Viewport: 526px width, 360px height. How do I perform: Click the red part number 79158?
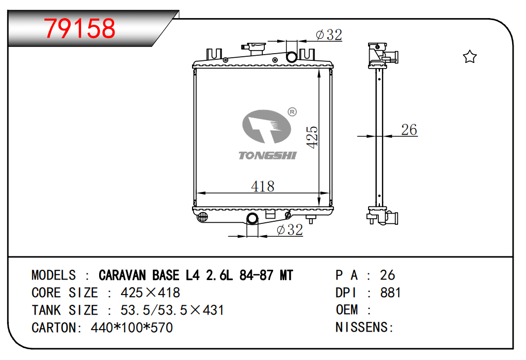(80, 28)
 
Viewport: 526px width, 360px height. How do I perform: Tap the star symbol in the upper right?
(470, 57)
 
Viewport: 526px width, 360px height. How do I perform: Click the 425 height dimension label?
(312, 137)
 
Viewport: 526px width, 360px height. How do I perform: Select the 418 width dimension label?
(263, 186)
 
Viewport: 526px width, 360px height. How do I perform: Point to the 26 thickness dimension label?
(409, 130)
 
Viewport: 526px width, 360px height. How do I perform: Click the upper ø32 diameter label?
(329, 35)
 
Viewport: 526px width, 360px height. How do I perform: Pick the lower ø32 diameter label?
(290, 230)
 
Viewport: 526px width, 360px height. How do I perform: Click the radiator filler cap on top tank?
(253, 49)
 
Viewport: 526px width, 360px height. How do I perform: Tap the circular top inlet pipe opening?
(292, 57)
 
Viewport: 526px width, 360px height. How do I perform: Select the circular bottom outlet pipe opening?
(252, 219)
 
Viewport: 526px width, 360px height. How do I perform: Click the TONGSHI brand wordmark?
(267, 156)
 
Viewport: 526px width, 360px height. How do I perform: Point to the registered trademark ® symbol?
(292, 112)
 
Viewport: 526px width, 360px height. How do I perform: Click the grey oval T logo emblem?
(267, 126)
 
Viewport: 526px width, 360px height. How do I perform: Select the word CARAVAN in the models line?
(122, 275)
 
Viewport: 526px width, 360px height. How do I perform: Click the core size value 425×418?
(150, 292)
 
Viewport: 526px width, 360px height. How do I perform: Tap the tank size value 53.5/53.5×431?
(172, 310)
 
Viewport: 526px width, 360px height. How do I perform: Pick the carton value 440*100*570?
(132, 328)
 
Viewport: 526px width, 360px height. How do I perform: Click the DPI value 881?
(390, 292)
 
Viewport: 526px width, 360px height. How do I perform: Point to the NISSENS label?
(364, 327)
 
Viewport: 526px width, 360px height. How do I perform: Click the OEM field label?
(347, 310)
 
